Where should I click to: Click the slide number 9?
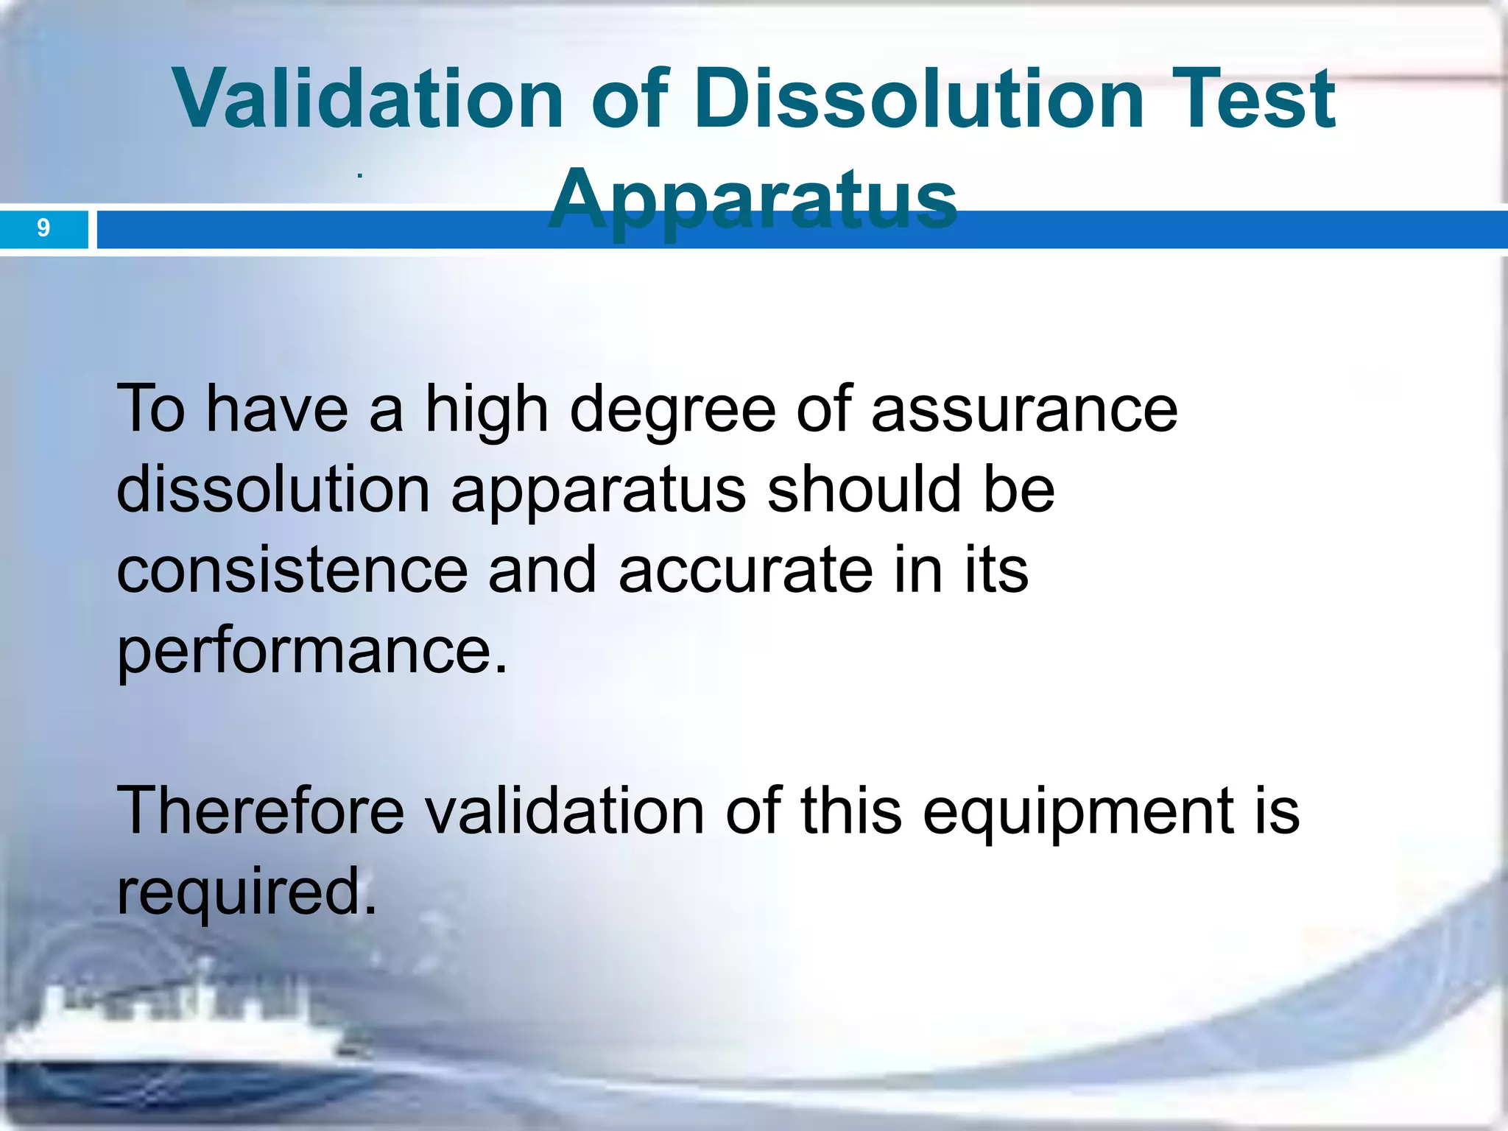[x=43, y=228]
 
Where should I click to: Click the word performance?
[x=312, y=651]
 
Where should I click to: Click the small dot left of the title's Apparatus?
[x=359, y=176]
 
